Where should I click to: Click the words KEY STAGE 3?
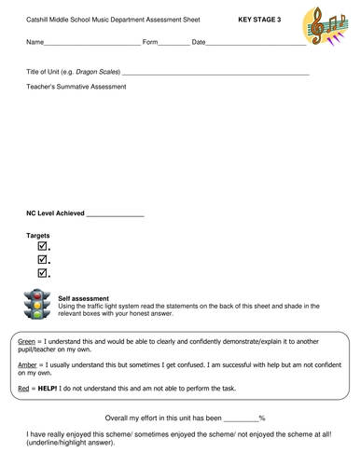[258, 19]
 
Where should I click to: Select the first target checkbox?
[42, 247]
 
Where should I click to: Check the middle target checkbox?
[42, 260]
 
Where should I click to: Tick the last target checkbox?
[42, 273]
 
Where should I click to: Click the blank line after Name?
[92, 44]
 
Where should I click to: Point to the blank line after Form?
[173, 44]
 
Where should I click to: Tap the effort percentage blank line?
[241, 419]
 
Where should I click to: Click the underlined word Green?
[27, 342]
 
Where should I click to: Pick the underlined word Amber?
[28, 364]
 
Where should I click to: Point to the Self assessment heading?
[83, 298]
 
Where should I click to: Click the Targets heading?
[38, 236]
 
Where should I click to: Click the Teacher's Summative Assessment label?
[76, 87]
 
